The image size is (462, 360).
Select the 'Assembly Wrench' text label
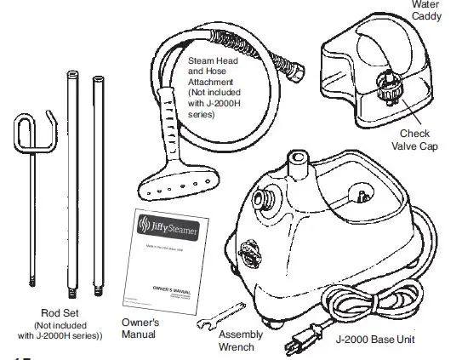click(x=241, y=340)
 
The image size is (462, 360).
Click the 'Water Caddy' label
click(x=426, y=10)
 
